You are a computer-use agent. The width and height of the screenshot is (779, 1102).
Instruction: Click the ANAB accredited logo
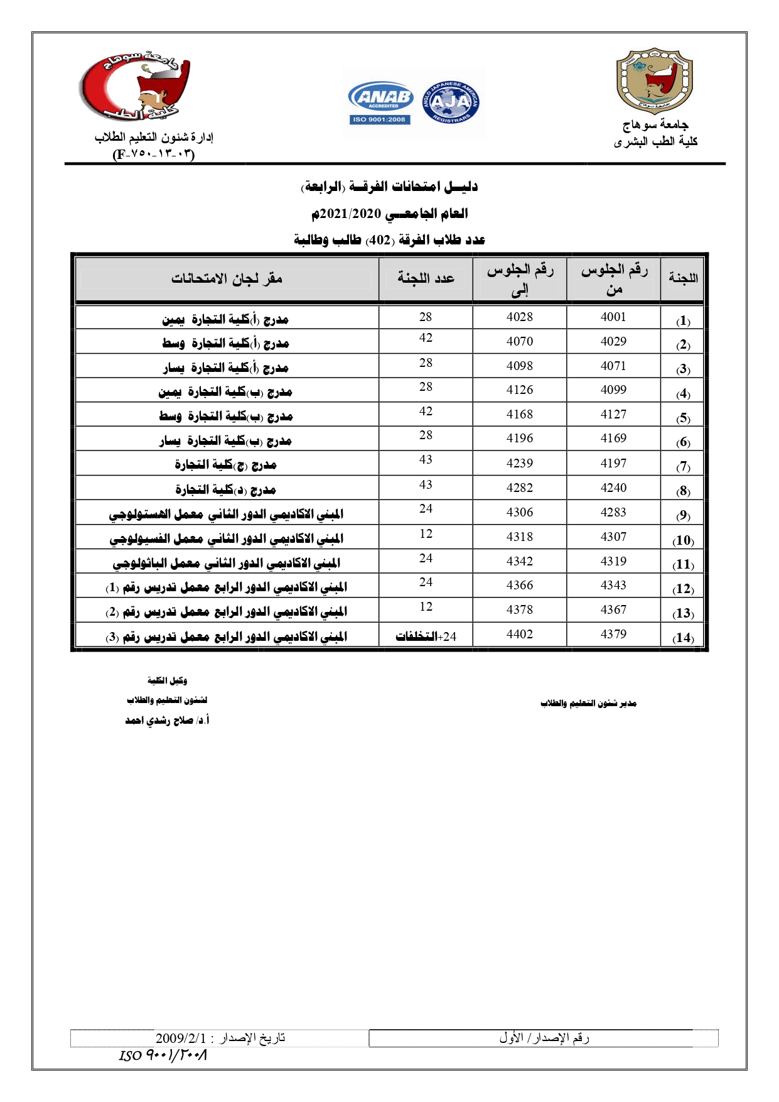pos(380,102)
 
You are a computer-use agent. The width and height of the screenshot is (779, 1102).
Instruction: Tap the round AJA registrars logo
pos(451,102)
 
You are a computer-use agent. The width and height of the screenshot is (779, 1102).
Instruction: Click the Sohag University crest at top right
pos(655,80)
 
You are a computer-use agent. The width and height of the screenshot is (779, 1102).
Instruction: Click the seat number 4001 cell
pos(613,317)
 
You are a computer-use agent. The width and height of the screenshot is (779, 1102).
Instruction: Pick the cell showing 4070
pos(520,342)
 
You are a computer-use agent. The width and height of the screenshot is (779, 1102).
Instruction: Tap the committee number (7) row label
pos(683,467)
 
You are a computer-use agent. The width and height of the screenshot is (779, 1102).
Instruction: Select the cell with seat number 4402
pos(520,635)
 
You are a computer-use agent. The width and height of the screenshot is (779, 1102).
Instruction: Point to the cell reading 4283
pos(613,513)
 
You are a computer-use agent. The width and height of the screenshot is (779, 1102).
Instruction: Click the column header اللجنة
pos(683,278)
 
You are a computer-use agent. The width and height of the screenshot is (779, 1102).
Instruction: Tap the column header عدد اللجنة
pos(426,278)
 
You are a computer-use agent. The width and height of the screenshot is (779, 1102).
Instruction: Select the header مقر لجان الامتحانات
pos(227,278)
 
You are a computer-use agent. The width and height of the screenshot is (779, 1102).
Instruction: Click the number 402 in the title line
pos(379,240)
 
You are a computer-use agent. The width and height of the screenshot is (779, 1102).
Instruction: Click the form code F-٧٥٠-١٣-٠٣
pos(154,154)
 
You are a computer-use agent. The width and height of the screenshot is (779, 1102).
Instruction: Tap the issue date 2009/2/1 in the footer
pos(181,1038)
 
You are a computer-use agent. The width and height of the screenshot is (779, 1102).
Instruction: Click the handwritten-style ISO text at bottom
pos(163,1055)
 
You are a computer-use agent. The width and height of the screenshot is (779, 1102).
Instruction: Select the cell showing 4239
pos(520,464)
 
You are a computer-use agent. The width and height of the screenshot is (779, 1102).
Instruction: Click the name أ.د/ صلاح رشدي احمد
pos(167,721)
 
